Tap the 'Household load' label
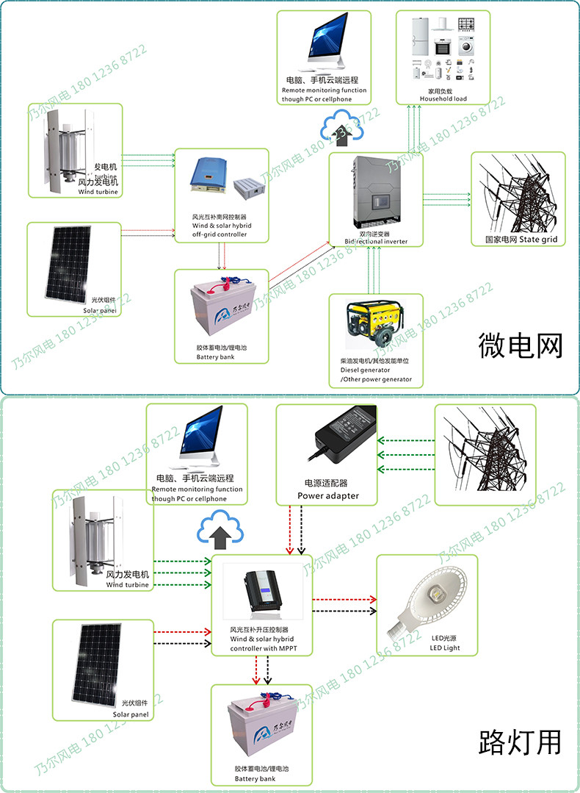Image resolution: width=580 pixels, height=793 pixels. pos(443,98)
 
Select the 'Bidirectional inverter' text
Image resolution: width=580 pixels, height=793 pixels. pos(375,241)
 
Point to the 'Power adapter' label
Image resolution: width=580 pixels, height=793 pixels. pos(327,495)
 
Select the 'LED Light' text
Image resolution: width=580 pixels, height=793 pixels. pos(445,647)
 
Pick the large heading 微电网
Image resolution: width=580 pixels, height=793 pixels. pos(519,344)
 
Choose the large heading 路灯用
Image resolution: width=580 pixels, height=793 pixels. pos(519,742)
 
